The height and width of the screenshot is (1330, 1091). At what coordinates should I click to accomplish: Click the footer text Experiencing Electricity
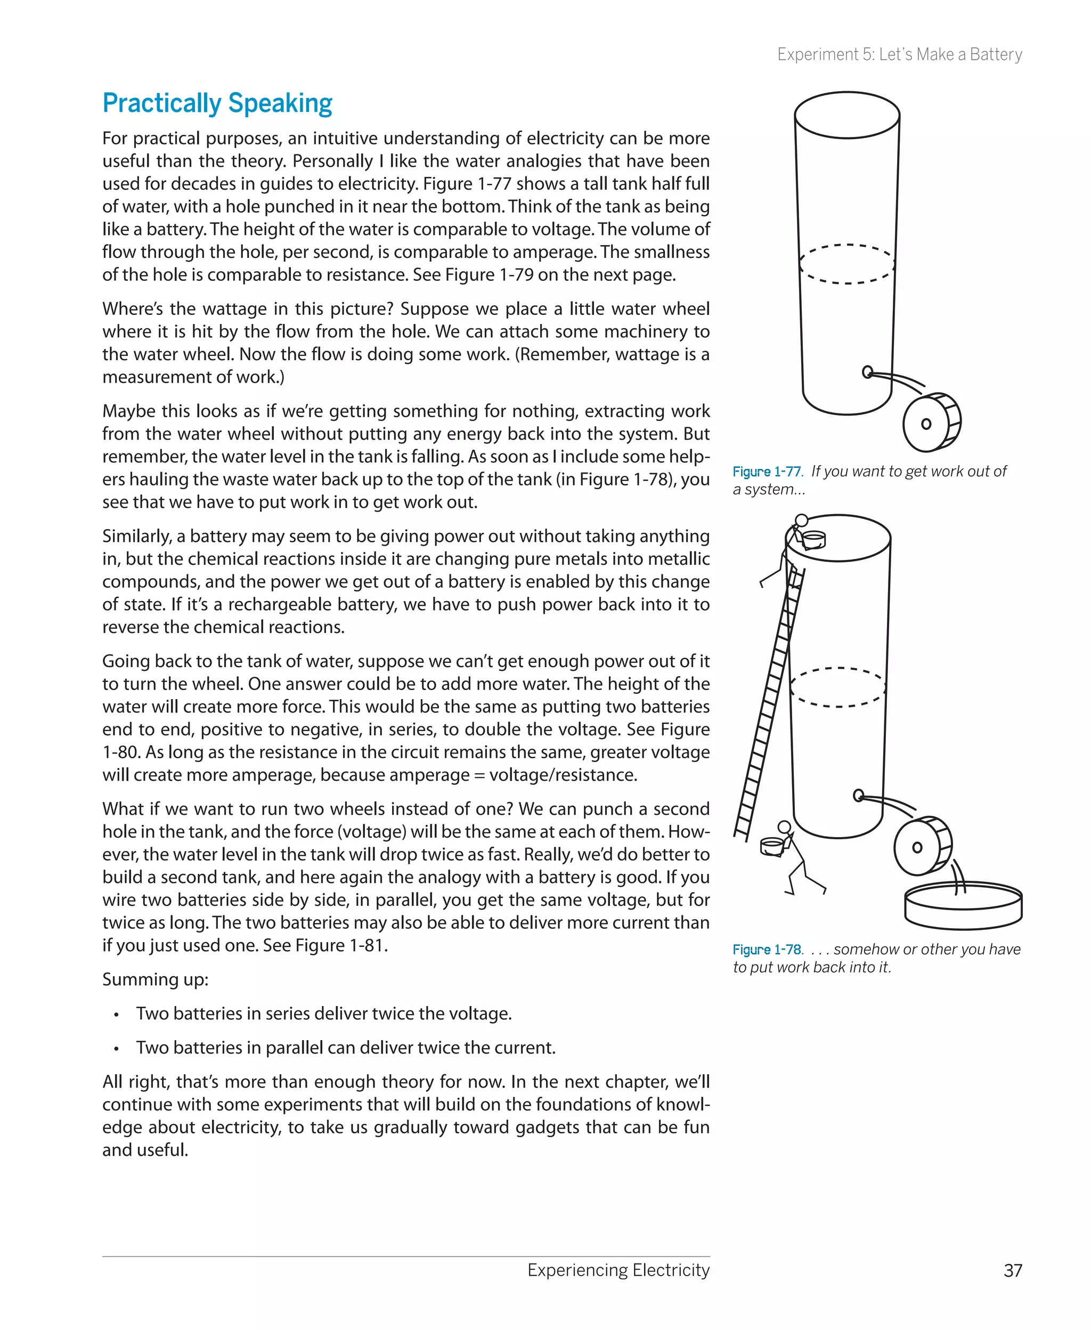coord(618,1270)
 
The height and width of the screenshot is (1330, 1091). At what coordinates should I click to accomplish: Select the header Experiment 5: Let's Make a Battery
coord(899,55)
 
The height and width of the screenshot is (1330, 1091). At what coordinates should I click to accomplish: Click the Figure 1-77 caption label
coord(767,472)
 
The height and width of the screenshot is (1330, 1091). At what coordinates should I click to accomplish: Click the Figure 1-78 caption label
coord(767,949)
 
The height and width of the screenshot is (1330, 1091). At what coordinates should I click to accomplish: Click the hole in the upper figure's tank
coord(867,372)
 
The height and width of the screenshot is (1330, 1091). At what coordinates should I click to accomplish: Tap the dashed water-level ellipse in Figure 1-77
coord(846,264)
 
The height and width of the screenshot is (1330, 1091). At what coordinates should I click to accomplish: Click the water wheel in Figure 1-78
coord(923,846)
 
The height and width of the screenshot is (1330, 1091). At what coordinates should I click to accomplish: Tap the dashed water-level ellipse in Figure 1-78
coord(838,687)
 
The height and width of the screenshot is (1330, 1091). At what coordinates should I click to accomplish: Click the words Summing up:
coord(155,979)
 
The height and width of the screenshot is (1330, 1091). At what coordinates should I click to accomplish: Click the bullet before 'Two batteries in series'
coord(116,1015)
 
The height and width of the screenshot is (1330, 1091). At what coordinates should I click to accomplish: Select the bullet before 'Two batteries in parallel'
coord(116,1049)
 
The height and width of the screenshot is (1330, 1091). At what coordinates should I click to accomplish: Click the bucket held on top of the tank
coord(814,539)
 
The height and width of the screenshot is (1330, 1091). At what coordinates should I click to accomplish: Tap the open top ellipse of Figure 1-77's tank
coord(846,115)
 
